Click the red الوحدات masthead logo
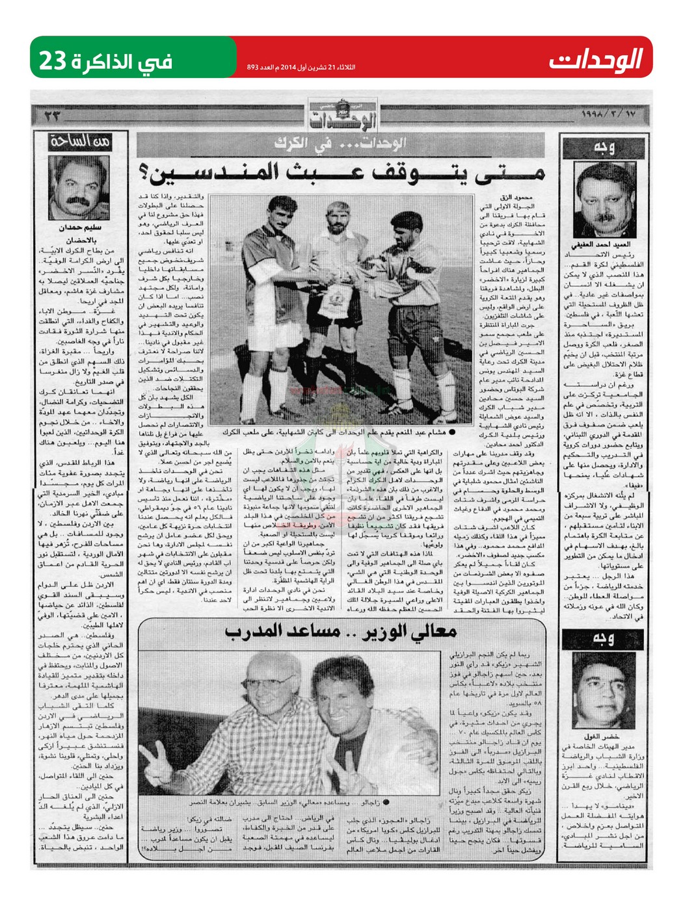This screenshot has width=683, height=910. (596, 60)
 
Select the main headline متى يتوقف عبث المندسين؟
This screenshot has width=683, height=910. (343, 172)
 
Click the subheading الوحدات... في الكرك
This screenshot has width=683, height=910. (341, 144)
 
